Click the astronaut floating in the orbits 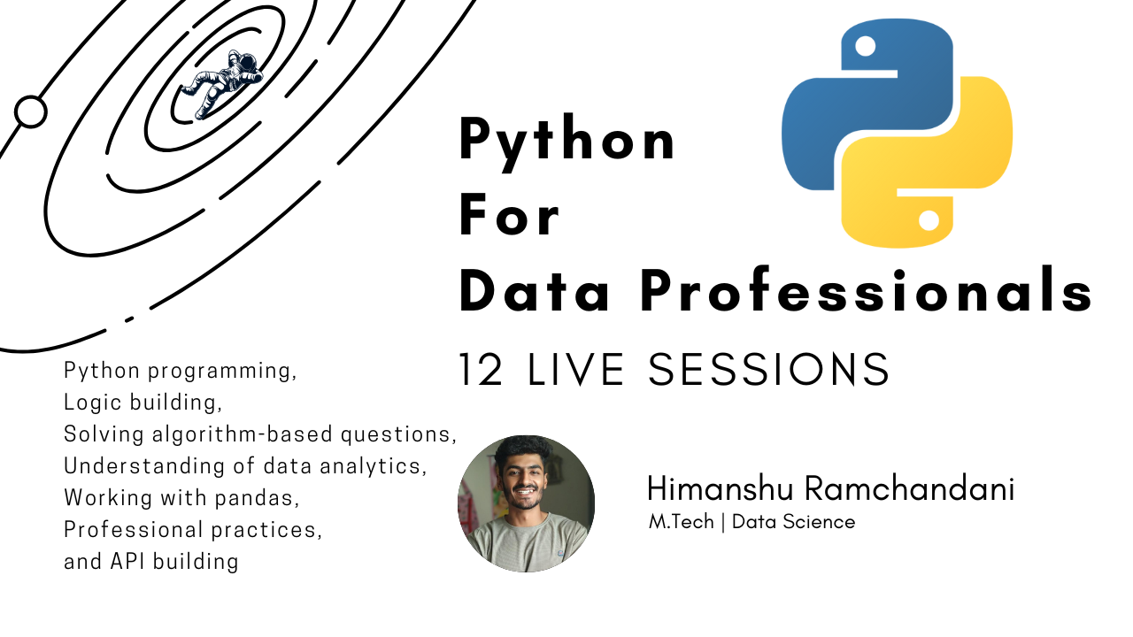(x=222, y=83)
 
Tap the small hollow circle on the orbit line (x=31, y=111)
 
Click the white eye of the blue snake (x=865, y=46)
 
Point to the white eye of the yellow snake (x=929, y=220)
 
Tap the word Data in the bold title (x=534, y=291)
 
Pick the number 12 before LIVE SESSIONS (x=481, y=370)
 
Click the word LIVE (x=575, y=370)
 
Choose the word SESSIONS (x=768, y=370)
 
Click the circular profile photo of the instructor (x=526, y=503)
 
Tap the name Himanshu (x=720, y=489)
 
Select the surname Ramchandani (x=909, y=489)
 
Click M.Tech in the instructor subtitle (x=682, y=522)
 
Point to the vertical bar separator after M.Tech (x=723, y=522)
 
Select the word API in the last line (x=127, y=561)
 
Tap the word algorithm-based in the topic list (x=243, y=434)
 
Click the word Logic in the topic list (x=93, y=403)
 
